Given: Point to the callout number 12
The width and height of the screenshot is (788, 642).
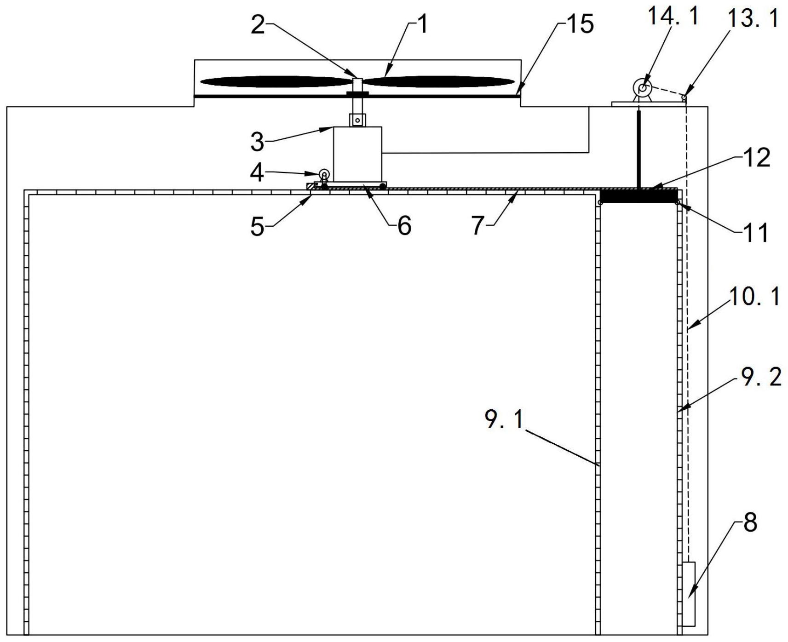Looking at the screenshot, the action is tap(757, 158).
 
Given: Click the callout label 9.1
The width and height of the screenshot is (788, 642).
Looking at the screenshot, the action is tap(504, 419).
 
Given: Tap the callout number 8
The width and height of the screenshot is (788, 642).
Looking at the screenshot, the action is tap(750, 523).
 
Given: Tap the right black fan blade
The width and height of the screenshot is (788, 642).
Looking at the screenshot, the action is tap(439, 82).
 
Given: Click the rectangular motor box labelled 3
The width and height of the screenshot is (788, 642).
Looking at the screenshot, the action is tap(357, 154).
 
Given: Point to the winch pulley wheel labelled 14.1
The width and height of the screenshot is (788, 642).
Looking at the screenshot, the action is tap(642, 87).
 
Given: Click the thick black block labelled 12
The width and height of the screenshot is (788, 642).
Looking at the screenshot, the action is tap(639, 195).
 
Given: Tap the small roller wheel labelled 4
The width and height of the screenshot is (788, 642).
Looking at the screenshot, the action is tap(324, 174).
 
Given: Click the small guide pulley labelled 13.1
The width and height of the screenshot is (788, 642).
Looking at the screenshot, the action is tap(684, 97).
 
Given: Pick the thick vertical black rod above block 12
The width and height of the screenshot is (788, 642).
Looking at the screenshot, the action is tap(639, 148).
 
